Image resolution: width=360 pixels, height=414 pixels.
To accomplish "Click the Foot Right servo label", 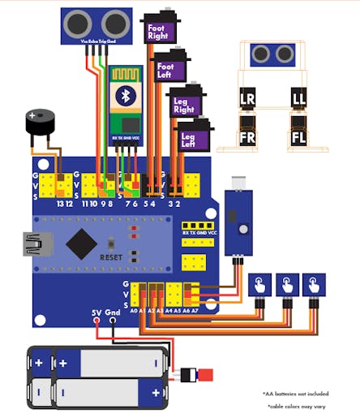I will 156,32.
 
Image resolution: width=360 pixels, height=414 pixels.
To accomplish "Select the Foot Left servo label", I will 165,71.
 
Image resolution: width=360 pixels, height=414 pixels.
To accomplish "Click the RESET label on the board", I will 110,257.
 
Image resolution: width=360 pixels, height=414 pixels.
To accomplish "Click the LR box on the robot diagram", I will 247,99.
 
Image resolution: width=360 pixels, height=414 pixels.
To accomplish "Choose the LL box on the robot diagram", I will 298,99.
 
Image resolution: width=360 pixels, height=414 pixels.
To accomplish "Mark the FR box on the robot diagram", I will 247,136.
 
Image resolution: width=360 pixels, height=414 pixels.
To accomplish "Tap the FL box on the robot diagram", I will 298,136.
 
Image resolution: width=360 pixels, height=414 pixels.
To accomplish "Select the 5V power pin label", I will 96,312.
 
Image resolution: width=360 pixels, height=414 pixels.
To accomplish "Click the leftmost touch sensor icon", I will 259,284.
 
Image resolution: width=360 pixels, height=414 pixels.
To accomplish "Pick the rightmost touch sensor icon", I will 313,284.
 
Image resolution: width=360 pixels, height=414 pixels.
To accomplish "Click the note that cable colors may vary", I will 307,405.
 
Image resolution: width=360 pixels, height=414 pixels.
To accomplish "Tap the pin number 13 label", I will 60,204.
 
